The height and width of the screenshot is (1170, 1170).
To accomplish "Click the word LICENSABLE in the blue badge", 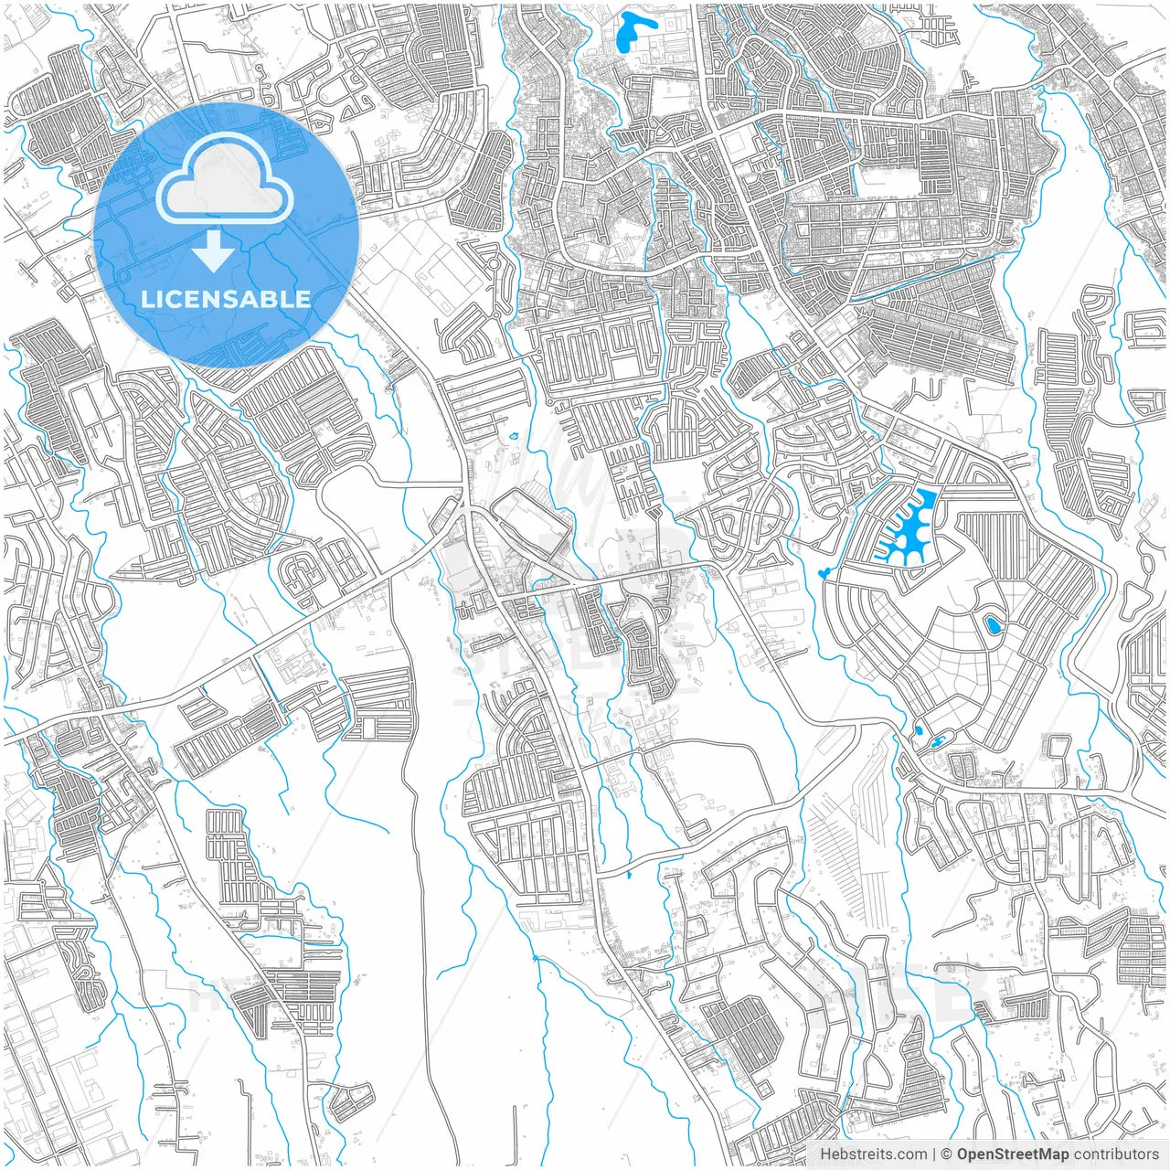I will click(226, 299).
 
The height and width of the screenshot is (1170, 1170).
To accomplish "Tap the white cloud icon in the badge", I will click(225, 178).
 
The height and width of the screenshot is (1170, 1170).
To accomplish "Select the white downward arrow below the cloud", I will click(214, 251).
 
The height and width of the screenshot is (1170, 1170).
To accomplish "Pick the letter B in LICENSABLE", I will click(271, 299).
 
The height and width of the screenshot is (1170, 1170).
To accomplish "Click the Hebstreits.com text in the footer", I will click(873, 1154).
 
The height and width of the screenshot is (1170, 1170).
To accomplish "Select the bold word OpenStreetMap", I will click(1013, 1154).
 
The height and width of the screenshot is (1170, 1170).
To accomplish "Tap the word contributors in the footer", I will click(1116, 1154).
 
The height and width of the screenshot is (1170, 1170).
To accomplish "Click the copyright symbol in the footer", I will click(948, 1154).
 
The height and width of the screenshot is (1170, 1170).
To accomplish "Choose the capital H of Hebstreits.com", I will click(825, 1154).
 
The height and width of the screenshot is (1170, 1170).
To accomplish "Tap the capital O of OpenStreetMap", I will click(963, 1154).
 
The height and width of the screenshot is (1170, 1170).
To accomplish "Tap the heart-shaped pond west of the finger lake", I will click(824, 573).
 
